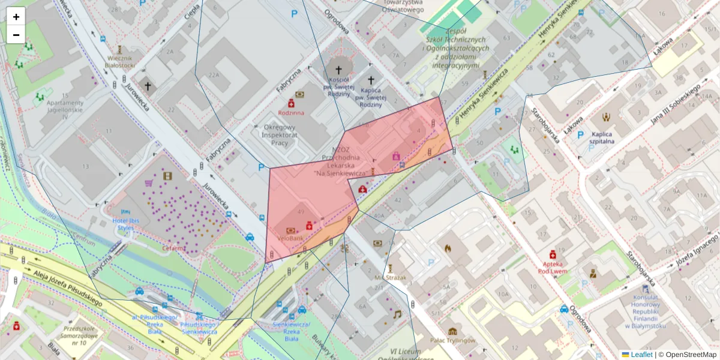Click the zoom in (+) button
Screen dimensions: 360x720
(16, 16)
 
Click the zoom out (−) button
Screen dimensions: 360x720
(16, 35)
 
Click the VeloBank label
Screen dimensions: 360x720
(291, 238)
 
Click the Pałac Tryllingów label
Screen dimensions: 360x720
(453, 340)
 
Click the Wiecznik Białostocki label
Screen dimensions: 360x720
(119, 61)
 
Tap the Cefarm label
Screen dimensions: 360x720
(175, 247)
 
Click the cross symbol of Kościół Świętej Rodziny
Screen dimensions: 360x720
(338, 70)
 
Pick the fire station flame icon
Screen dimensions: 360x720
(447, 247)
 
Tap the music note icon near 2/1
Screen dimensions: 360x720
(396, 314)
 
